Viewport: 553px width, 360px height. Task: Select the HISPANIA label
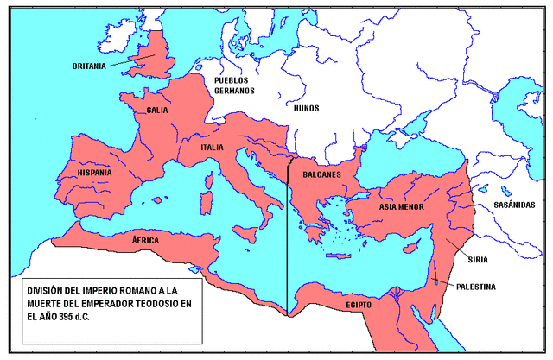click(94, 173)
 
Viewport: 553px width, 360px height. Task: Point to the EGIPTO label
click(356, 305)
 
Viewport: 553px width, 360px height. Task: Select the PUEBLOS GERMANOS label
click(235, 85)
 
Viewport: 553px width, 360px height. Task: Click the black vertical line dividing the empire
click(288, 242)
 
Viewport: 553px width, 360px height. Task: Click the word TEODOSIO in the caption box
click(167, 302)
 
